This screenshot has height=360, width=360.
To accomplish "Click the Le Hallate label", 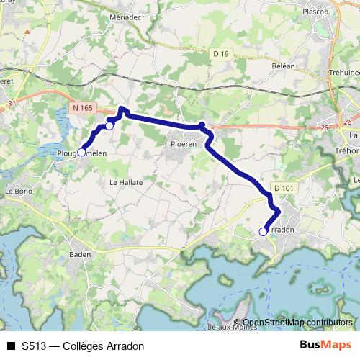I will point(126,183).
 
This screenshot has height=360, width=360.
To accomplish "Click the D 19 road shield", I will point(221,53).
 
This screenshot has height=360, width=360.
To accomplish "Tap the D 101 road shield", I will point(285,188).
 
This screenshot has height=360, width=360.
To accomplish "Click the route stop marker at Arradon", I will point(263,231).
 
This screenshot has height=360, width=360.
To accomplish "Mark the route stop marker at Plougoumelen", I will point(81,152).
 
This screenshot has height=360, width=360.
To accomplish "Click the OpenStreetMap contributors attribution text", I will point(297,323).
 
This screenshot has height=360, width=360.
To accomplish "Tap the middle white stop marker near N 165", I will point(109,125).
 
